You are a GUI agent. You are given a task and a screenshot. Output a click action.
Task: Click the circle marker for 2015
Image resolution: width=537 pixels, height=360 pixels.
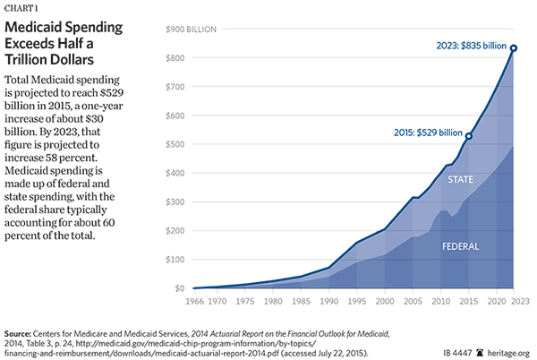pos(469,136)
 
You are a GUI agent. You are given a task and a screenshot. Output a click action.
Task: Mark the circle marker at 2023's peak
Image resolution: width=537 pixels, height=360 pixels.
pos(514,48)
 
